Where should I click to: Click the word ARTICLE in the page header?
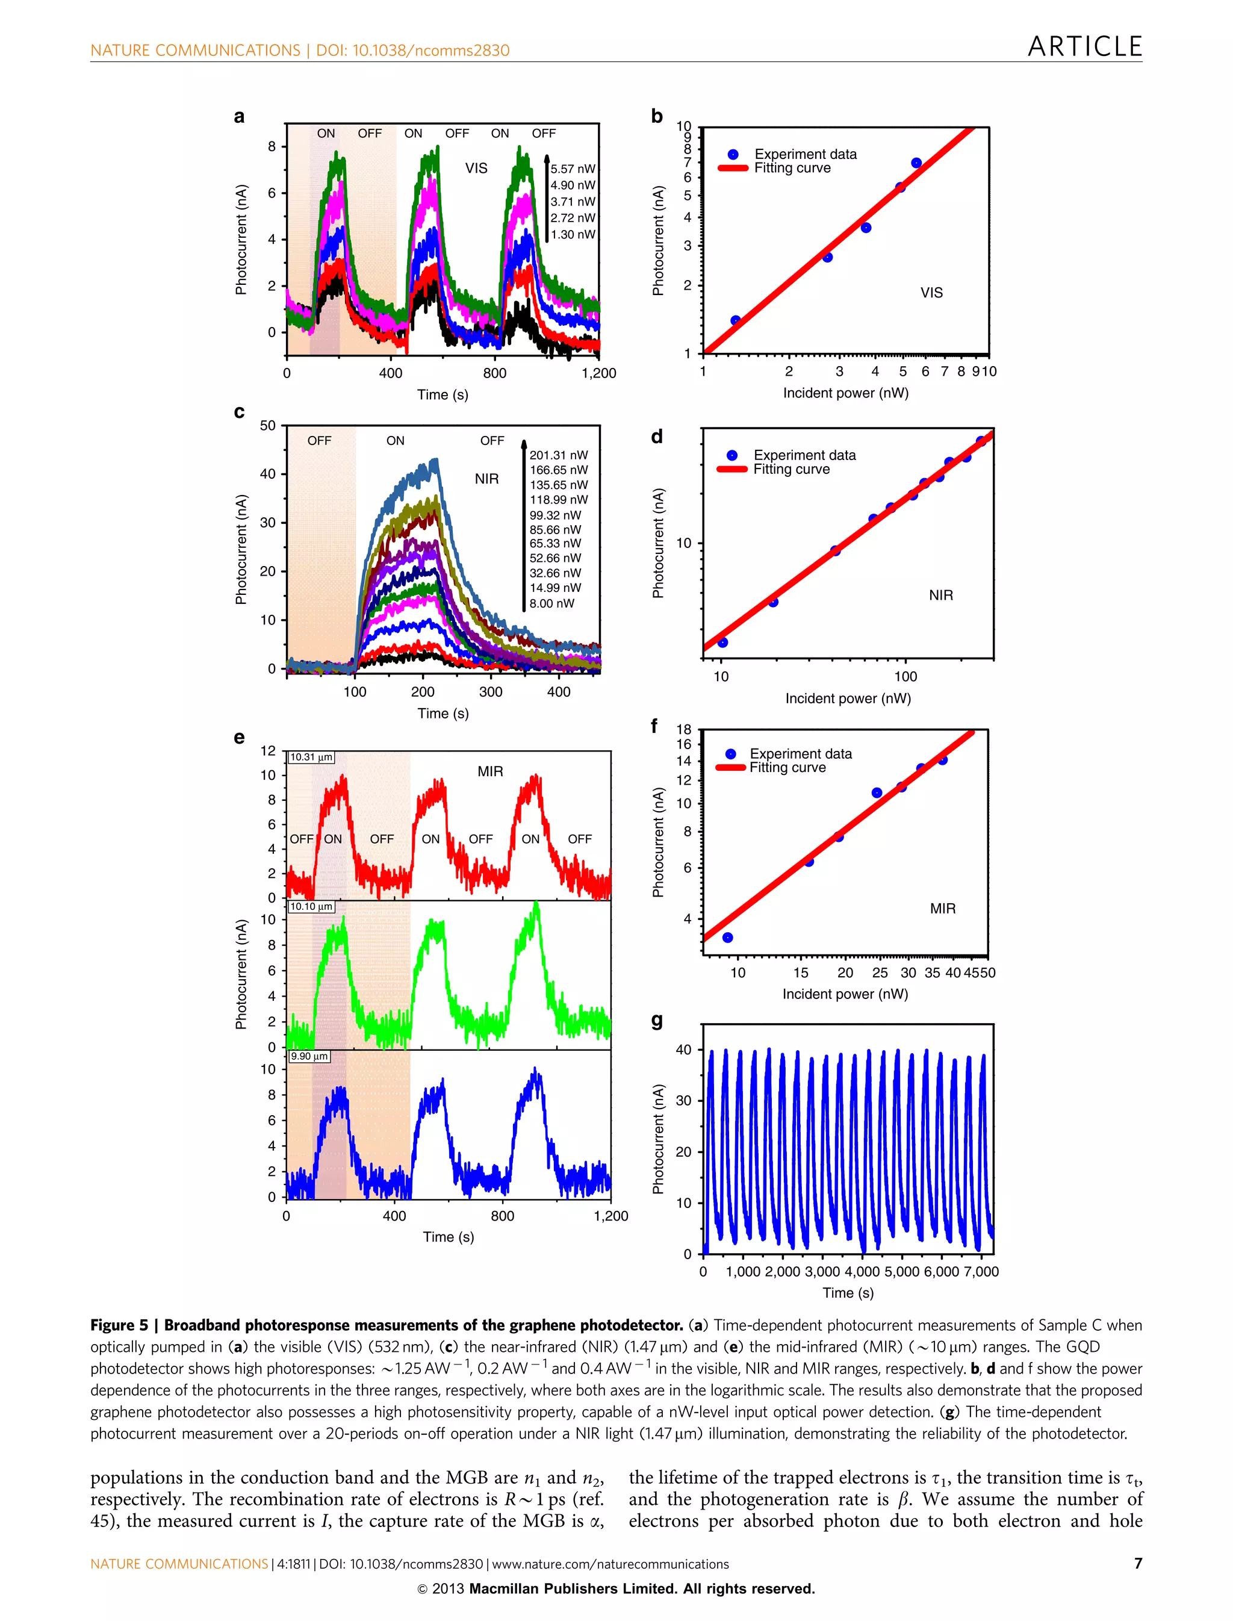[x=1084, y=46]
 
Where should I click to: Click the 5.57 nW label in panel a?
[x=573, y=169]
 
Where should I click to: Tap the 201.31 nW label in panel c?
[x=559, y=455]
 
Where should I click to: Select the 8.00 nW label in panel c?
[x=552, y=603]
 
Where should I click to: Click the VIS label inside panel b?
[x=931, y=293]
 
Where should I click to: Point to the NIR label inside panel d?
[x=940, y=596]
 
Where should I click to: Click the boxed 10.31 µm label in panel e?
[x=311, y=757]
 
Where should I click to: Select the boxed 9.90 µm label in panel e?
[x=309, y=1056]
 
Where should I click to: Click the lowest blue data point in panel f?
[x=727, y=938]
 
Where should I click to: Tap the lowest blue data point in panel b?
[x=735, y=321]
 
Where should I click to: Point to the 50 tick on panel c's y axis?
[x=268, y=426]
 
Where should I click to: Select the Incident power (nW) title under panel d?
[x=848, y=698]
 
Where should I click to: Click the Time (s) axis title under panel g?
[x=848, y=1293]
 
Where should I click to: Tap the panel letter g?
[x=657, y=1021]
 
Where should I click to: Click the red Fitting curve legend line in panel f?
[x=730, y=768]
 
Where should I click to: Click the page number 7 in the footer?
[x=1138, y=1564]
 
